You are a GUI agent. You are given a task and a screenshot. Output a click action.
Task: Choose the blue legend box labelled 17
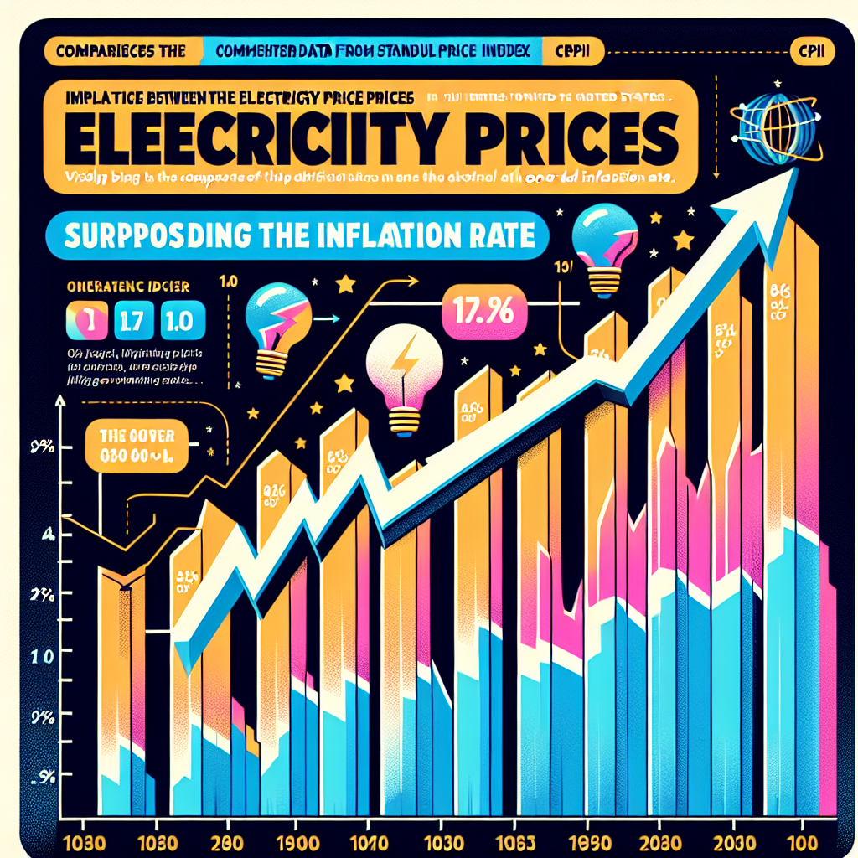pos(133,321)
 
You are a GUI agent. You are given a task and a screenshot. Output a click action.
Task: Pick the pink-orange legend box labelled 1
pos(85,321)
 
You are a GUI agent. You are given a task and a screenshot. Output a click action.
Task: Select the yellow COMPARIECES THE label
pos(120,50)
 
